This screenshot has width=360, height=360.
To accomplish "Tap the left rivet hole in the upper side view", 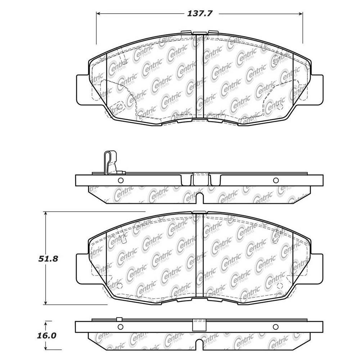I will point(121,180).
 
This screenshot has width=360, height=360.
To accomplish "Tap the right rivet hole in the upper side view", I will point(276,180).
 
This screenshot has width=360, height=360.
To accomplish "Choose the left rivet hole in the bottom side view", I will point(121,327).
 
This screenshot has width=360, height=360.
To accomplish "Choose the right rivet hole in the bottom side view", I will point(276,327).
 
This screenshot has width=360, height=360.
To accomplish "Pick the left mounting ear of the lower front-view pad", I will point(82,267).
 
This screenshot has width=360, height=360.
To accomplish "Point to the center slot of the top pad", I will point(200,77).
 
